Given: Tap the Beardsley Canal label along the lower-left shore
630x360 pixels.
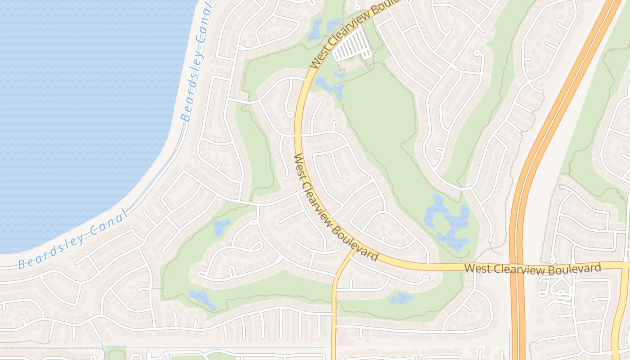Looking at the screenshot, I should (x=72, y=241).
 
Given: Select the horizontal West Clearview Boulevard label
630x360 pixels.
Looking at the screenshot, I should (x=532, y=269).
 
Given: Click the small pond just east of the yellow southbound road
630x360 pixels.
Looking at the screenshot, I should (x=400, y=298).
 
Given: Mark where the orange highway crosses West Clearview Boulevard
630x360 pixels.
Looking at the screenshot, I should (x=518, y=266).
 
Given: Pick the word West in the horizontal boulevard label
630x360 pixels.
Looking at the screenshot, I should (x=476, y=269).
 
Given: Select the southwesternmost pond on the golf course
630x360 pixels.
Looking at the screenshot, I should (x=201, y=298).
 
